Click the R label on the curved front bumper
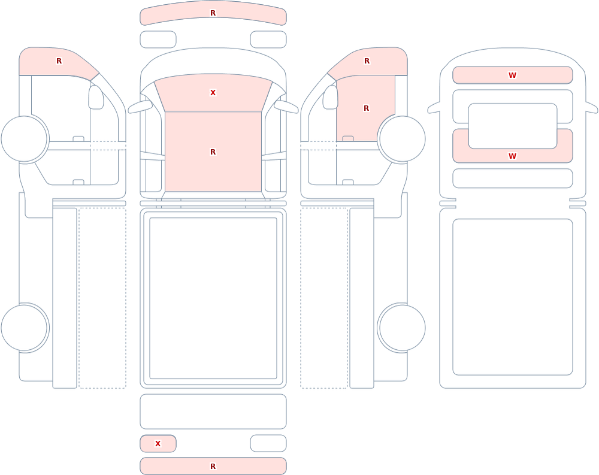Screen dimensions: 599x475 [x=213, y=13]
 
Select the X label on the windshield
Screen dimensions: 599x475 [x=213, y=92]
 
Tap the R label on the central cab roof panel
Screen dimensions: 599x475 [x=213, y=152]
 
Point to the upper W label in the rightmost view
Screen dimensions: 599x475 [x=512, y=75]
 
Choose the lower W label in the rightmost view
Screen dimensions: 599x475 [x=512, y=156]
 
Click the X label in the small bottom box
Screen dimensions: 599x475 [x=158, y=444]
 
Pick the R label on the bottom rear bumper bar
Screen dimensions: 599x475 [x=213, y=466]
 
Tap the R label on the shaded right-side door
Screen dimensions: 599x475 [x=367, y=108]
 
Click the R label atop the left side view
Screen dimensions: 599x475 [x=59, y=61]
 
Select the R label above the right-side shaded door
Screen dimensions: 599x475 [x=367, y=61]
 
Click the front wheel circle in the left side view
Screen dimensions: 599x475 [x=25, y=139]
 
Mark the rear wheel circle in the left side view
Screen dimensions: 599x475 [x=25, y=328]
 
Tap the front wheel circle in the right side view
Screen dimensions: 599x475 [x=401, y=139]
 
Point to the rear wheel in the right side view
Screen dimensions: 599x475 [x=401, y=328]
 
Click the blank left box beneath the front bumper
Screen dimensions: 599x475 [x=158, y=40]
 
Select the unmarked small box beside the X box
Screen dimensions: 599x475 [x=268, y=443]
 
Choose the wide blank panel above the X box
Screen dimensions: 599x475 [x=213, y=412]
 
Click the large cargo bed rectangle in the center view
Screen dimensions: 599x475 [x=213, y=298]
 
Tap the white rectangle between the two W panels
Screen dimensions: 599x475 [x=513, y=126]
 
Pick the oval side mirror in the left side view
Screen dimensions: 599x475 [x=96, y=97]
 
